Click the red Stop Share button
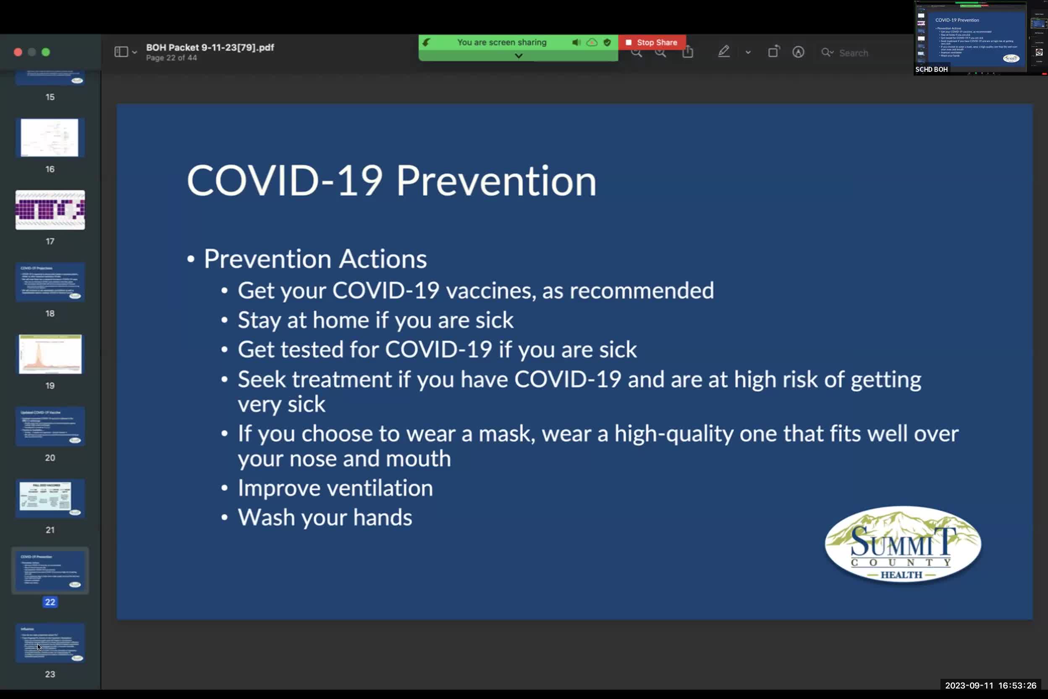[x=652, y=42]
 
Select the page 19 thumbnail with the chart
[x=50, y=354]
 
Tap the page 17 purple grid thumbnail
[x=50, y=210]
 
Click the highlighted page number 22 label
[x=50, y=602]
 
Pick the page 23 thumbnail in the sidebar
[x=50, y=643]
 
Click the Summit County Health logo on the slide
[x=902, y=544]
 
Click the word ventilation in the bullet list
[x=380, y=488]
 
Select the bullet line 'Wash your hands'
[x=325, y=518]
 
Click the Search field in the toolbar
[x=853, y=53]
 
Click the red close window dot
[x=18, y=52]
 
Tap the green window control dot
[x=45, y=52]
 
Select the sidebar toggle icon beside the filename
[x=121, y=52]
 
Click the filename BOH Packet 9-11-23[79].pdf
[x=210, y=47]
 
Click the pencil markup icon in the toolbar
[x=723, y=52]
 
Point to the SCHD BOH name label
[x=931, y=70]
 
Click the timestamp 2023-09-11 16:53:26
[x=990, y=686]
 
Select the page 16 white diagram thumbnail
[x=50, y=138]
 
